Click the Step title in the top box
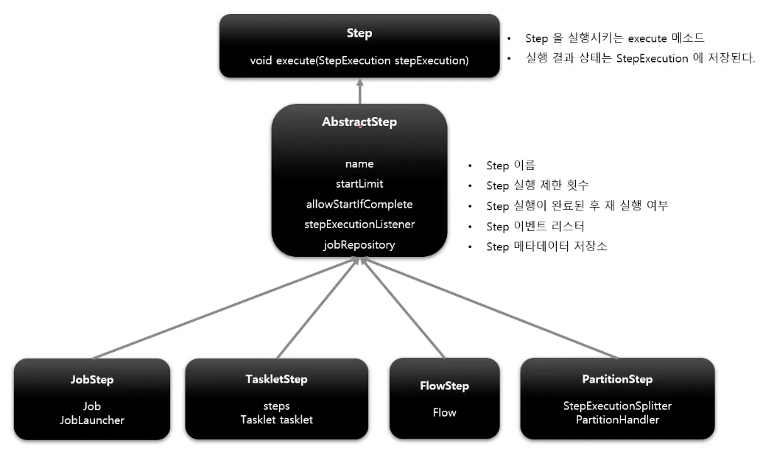pyautogui.click(x=359, y=33)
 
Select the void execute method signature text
pyautogui.click(x=359, y=60)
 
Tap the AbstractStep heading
pyautogui.click(x=359, y=121)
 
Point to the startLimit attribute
pyautogui.click(x=359, y=183)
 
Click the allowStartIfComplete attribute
pyautogui.click(x=359, y=204)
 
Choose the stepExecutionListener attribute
pyautogui.click(x=359, y=224)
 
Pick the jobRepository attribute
pyautogui.click(x=359, y=244)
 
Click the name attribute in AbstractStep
pyautogui.click(x=359, y=163)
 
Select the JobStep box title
pyautogui.click(x=92, y=380)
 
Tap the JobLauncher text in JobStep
pyautogui.click(x=92, y=420)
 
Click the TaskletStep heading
pyautogui.click(x=276, y=379)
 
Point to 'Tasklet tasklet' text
pyautogui.click(x=276, y=420)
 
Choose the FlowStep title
pyautogui.click(x=444, y=386)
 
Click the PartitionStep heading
pyautogui.click(x=617, y=379)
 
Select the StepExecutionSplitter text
pyautogui.click(x=617, y=406)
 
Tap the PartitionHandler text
pyautogui.click(x=617, y=420)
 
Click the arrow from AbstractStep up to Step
pyautogui.click(x=359, y=91)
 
